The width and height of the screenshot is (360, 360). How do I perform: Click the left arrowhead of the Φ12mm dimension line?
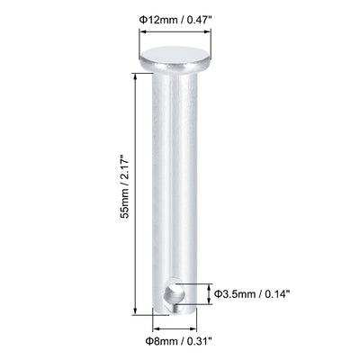140,32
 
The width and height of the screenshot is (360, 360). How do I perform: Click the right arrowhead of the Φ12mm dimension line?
206,32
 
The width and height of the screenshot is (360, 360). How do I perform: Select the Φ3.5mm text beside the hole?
238,292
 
